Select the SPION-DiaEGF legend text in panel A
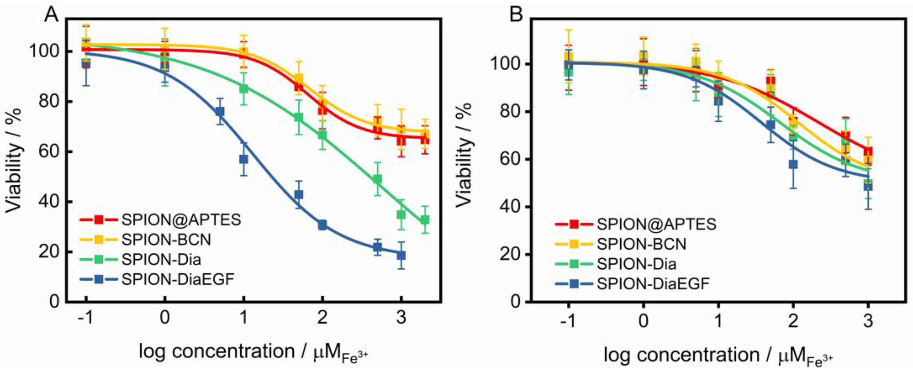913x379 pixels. click(177, 280)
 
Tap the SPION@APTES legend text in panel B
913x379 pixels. click(656, 224)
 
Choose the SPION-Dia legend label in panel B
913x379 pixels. click(637, 264)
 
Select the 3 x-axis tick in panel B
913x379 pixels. click(868, 321)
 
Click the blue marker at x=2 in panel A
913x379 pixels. click(322, 225)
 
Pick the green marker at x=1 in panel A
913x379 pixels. click(243, 89)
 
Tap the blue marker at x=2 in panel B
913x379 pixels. click(793, 164)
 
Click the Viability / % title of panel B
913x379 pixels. click(464, 155)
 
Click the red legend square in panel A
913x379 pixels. click(99, 220)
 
